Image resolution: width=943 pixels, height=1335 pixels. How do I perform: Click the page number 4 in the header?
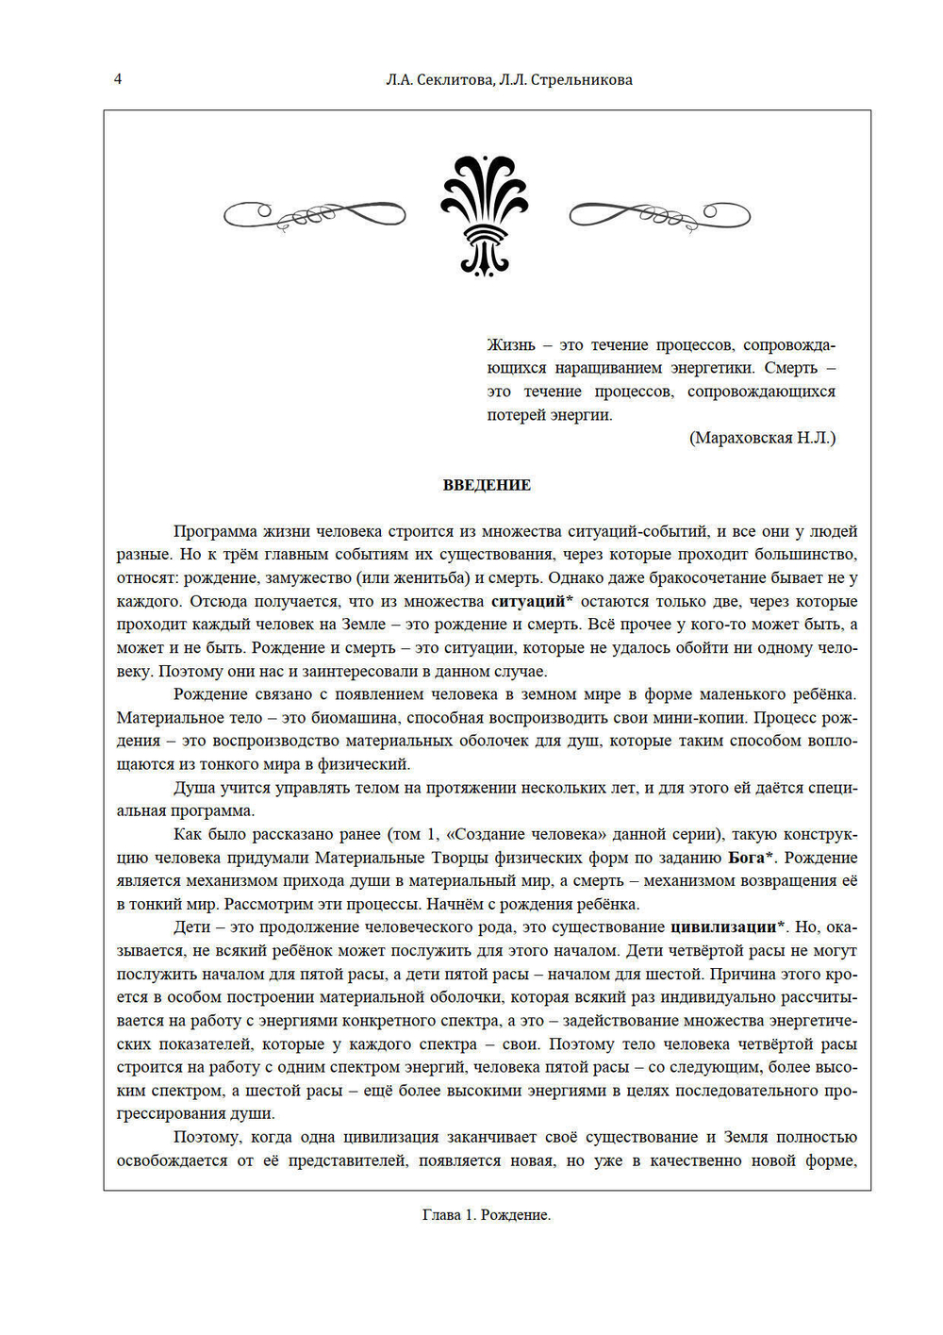click(x=118, y=79)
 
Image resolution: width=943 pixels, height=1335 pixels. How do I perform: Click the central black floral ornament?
click(x=485, y=215)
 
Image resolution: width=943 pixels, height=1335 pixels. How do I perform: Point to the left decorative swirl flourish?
click(x=314, y=215)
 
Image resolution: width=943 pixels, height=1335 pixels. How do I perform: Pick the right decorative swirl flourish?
click(x=659, y=215)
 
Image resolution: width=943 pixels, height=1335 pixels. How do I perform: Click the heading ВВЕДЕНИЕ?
click(x=487, y=485)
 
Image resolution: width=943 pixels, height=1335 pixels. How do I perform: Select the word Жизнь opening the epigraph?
click(x=511, y=345)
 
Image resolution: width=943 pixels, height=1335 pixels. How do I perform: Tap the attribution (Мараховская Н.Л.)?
click(x=762, y=438)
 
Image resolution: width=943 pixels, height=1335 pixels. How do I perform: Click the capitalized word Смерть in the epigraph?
click(x=790, y=368)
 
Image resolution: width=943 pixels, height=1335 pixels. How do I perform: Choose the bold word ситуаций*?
click(x=532, y=602)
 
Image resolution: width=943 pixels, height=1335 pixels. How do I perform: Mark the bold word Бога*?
click(x=752, y=858)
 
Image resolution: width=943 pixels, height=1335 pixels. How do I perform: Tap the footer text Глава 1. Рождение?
click(x=487, y=1215)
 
